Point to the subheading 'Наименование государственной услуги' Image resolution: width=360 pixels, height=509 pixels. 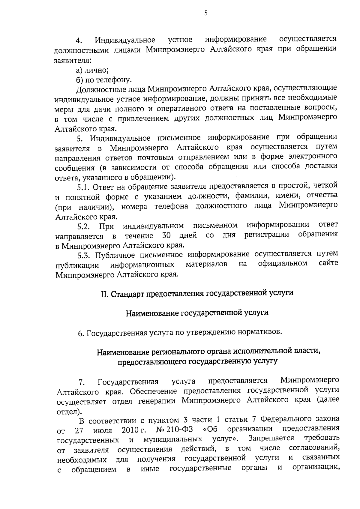197,313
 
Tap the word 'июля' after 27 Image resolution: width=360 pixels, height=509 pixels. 103,431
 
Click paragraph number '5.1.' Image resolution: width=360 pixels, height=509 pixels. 84,188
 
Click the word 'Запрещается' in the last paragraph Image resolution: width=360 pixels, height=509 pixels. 271,439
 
